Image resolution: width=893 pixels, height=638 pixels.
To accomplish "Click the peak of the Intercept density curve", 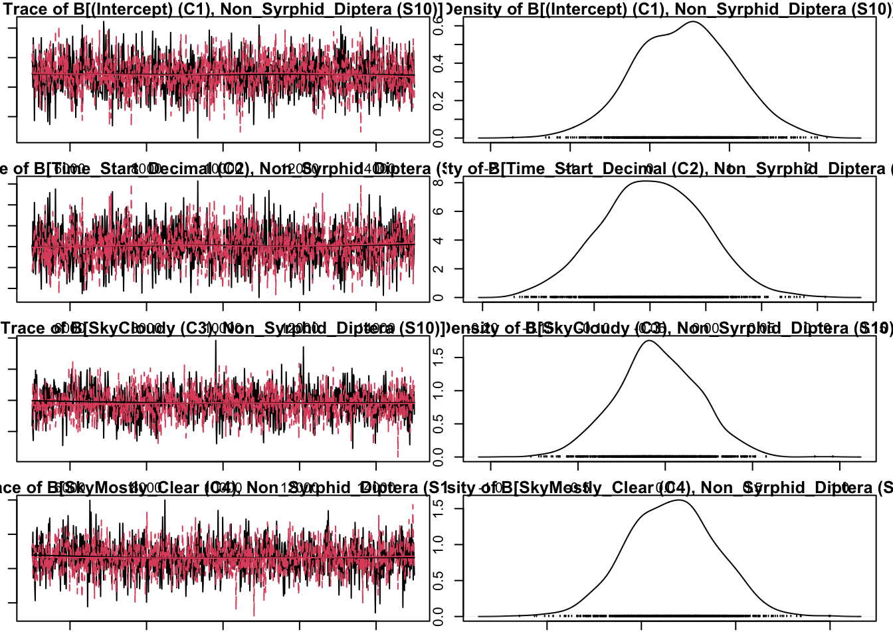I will [692, 22].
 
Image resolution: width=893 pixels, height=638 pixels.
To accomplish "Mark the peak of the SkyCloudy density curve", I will [648, 341].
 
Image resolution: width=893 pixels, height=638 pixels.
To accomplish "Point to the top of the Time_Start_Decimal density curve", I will [646, 181].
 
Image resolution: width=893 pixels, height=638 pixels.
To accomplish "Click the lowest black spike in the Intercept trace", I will [197, 137].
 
